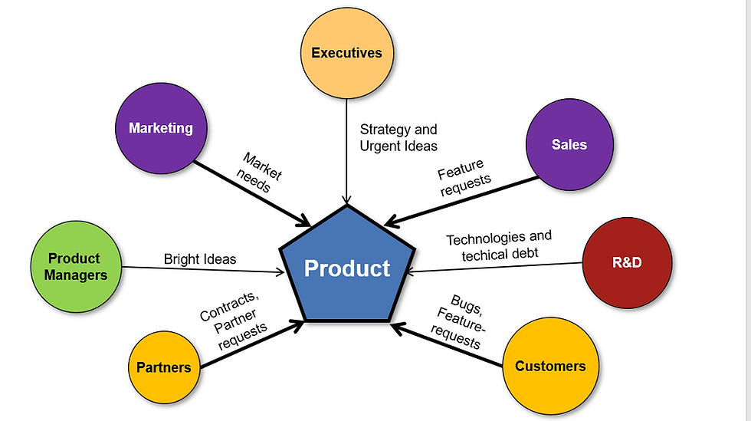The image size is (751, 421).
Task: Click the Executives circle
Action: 347,53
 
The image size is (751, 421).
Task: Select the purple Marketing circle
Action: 162,128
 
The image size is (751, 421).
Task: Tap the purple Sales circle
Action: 569,144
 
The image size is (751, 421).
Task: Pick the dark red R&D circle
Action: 627,262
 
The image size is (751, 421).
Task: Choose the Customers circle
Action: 550,366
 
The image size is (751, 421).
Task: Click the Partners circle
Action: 164,367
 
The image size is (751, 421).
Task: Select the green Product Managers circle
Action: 76,267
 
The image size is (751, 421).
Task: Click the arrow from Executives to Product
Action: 346,152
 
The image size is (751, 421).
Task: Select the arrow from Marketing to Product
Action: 252,193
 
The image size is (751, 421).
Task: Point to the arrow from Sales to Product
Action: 461,202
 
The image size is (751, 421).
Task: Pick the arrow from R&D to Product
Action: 494,268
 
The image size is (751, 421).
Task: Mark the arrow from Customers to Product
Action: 446,345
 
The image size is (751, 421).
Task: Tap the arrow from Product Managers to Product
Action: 203,270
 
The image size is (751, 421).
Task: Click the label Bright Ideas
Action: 200,259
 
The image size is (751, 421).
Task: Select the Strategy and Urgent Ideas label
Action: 398,137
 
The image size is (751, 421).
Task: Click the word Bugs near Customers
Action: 467,305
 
